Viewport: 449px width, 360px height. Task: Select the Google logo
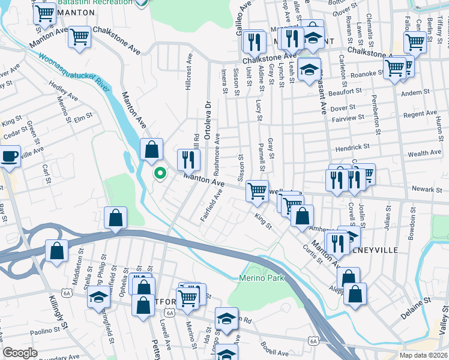[20, 353]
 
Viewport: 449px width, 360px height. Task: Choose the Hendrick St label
[352, 147]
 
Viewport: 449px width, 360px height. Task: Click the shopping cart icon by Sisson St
[257, 191]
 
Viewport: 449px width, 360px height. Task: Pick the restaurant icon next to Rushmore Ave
[189, 159]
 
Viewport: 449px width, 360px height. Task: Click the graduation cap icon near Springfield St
[98, 298]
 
